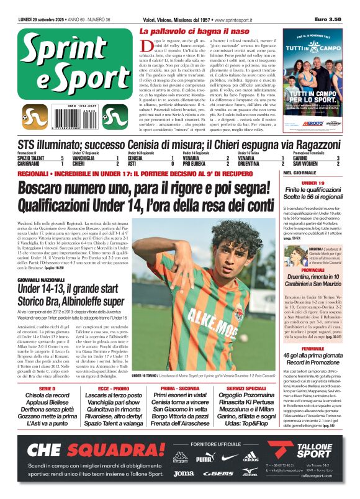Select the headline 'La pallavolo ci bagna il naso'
click(x=194, y=30)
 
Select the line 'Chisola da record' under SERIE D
click(x=43, y=395)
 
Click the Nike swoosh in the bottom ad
click(x=228, y=458)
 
